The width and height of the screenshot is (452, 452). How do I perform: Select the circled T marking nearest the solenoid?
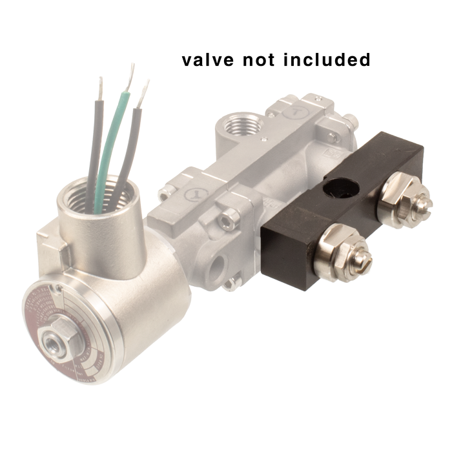pyautogui.click(x=192, y=192)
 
